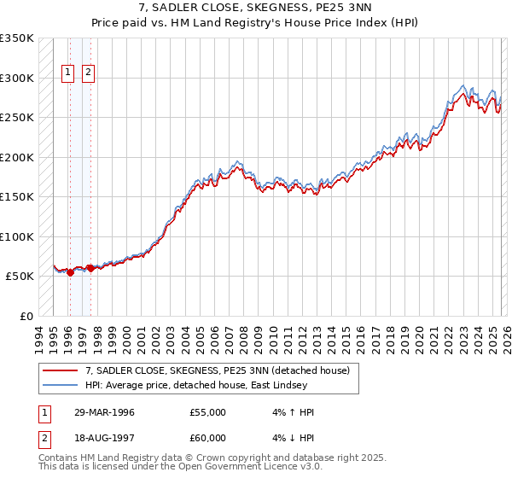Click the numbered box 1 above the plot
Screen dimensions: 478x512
[67, 73]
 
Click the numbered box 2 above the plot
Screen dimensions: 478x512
[89, 73]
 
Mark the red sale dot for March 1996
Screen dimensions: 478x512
[70, 273]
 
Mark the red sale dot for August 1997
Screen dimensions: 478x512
[90, 268]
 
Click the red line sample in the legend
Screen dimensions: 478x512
[61, 370]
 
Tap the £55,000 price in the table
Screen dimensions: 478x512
[208, 412]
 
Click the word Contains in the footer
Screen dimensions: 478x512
[60, 459]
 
